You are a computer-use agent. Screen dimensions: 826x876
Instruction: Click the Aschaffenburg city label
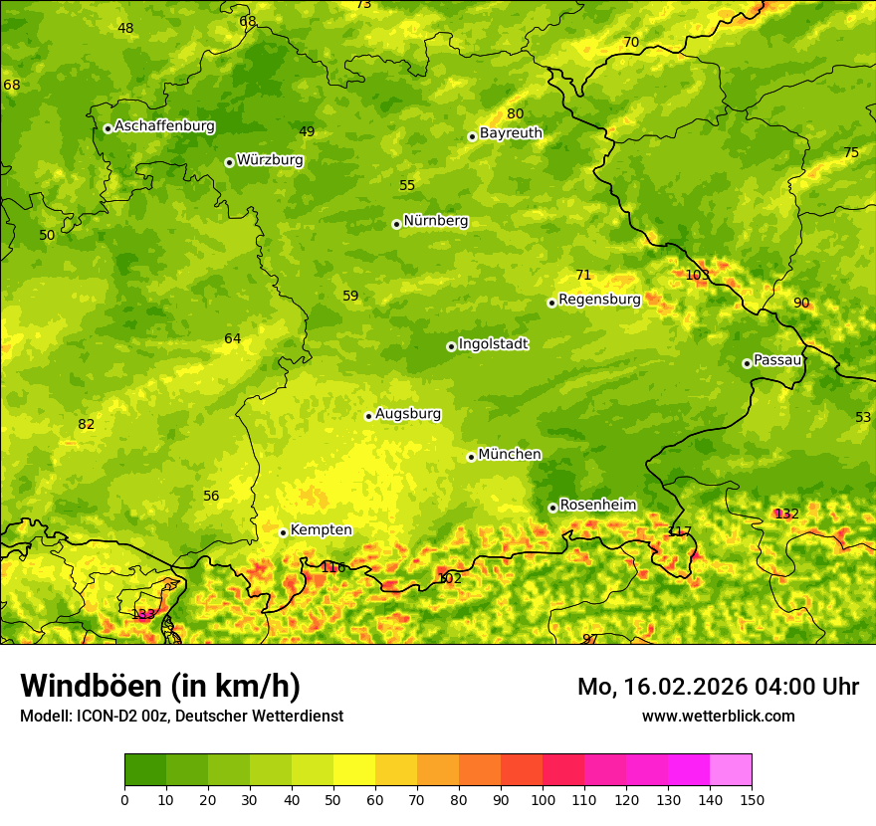pos(164,126)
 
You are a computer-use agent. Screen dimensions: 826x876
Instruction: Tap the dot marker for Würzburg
pos(229,162)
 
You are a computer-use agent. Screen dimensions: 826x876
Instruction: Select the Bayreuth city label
pos(511,133)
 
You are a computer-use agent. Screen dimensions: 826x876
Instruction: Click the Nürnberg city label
pos(435,221)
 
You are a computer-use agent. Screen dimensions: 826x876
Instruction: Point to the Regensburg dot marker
pos(551,303)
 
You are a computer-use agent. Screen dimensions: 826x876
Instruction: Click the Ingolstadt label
pos(493,344)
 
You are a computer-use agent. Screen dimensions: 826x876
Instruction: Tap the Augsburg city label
pos(407,414)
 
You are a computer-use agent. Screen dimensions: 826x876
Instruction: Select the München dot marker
pos(471,457)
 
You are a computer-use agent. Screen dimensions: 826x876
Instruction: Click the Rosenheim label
pos(597,506)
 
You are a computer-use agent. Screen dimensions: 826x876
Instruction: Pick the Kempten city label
pos(321,530)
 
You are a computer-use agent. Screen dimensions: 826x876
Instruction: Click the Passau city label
pos(776,360)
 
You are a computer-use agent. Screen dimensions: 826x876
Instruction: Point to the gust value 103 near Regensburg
pos(697,275)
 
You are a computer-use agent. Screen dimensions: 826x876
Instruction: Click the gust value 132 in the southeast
pos(786,514)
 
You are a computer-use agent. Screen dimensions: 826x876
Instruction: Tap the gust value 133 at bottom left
pos(143,614)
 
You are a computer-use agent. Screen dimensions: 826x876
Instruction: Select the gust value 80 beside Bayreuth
pos(515,114)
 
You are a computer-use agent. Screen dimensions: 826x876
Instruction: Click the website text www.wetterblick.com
pos(718,717)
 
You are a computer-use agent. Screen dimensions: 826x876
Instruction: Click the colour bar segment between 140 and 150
pos(731,769)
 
